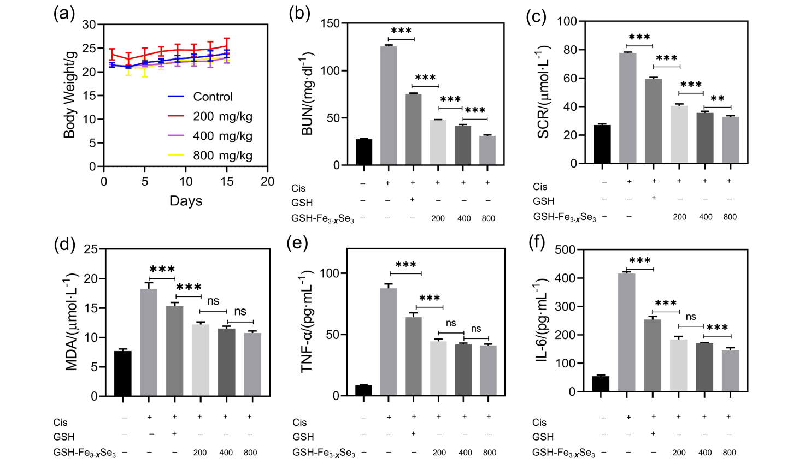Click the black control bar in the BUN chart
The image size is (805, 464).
click(x=363, y=152)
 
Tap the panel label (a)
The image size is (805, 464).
click(x=64, y=13)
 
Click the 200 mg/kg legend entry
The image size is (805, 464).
click(x=222, y=116)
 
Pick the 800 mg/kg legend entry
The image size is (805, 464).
click(x=222, y=156)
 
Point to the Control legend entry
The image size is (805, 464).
click(x=212, y=97)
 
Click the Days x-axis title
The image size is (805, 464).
click(x=186, y=201)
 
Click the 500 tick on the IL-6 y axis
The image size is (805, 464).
click(x=565, y=249)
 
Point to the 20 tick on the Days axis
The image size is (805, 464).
click(x=267, y=182)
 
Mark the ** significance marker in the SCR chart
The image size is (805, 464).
click(x=717, y=99)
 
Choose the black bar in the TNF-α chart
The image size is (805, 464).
click(x=363, y=390)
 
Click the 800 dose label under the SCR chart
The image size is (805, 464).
click(x=730, y=217)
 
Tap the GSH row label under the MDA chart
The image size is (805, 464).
click(x=64, y=437)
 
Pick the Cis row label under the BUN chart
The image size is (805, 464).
click(x=298, y=188)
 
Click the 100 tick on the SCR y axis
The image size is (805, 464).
click(x=567, y=21)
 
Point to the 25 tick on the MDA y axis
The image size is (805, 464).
click(x=91, y=249)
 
